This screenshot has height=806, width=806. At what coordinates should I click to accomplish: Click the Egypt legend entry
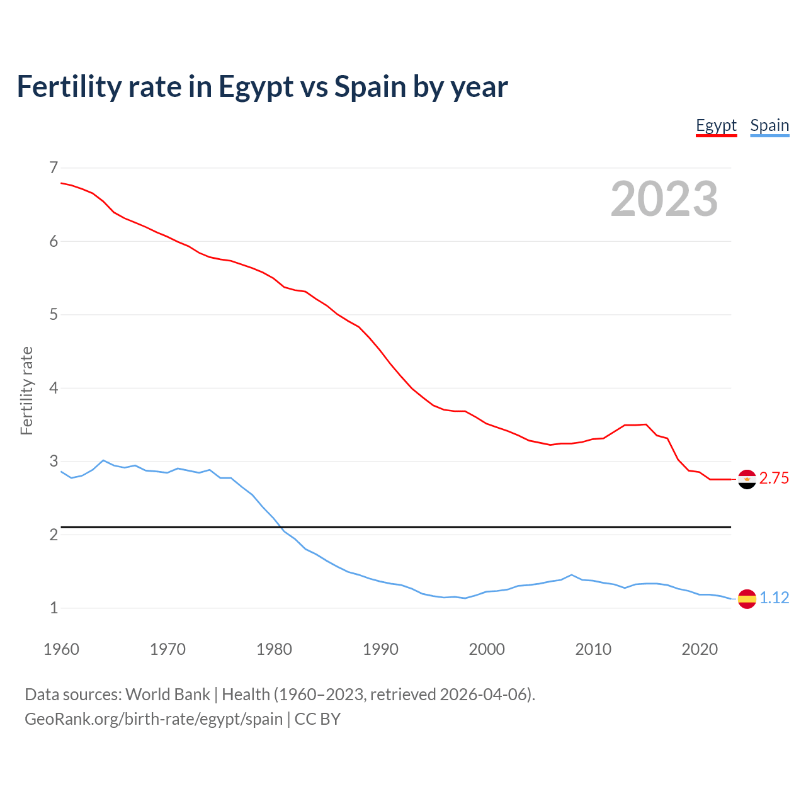pyautogui.click(x=716, y=125)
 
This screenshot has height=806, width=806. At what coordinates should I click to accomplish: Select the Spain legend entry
pyautogui.click(x=769, y=125)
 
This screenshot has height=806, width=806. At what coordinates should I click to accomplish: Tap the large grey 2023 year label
pyautogui.click(x=664, y=199)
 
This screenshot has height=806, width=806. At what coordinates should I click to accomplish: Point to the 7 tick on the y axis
pyautogui.click(x=54, y=167)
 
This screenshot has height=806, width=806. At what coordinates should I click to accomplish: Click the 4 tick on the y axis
pyautogui.click(x=54, y=388)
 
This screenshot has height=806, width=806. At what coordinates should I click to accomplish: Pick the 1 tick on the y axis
pyautogui.click(x=54, y=608)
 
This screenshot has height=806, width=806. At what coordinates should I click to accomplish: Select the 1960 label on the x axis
pyautogui.click(x=61, y=649)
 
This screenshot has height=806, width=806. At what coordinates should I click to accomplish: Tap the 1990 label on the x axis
pyautogui.click(x=380, y=649)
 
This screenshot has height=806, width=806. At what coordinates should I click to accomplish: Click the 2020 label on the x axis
pyautogui.click(x=700, y=649)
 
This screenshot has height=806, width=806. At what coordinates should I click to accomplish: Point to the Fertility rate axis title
pyautogui.click(x=26, y=390)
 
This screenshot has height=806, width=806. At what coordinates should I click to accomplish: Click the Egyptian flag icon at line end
pyautogui.click(x=747, y=479)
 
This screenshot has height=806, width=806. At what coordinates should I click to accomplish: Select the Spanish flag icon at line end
pyautogui.click(x=747, y=598)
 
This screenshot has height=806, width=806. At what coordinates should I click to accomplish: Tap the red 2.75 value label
pyautogui.click(x=774, y=479)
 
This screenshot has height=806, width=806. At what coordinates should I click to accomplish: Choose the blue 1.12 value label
pyautogui.click(x=774, y=598)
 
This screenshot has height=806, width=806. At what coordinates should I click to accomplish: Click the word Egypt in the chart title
pyautogui.click(x=256, y=87)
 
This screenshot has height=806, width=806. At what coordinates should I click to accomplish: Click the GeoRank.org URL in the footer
pyautogui.click(x=154, y=719)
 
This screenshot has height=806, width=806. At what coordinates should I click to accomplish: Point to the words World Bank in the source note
pyautogui.click(x=167, y=695)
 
